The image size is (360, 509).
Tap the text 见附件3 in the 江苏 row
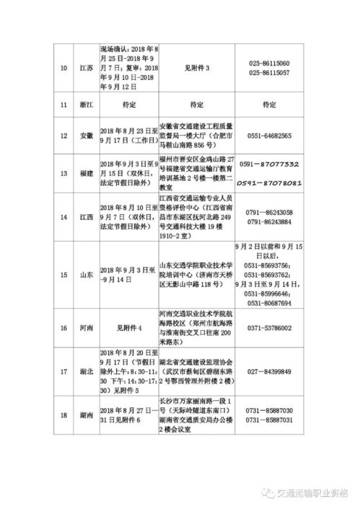197,68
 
